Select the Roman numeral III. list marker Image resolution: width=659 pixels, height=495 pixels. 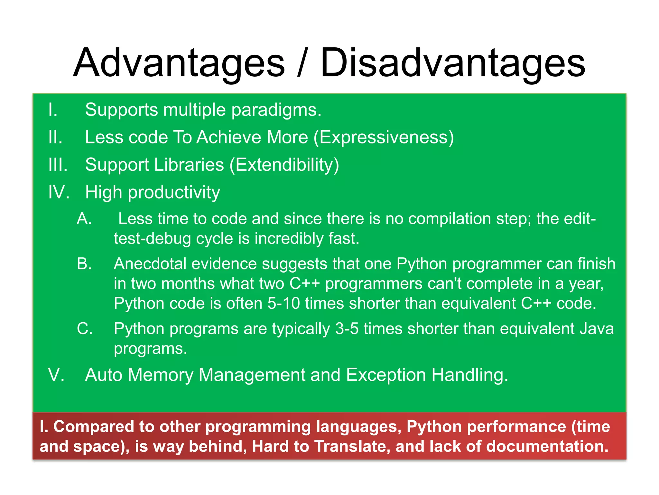58,165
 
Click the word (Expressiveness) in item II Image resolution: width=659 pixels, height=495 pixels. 384,138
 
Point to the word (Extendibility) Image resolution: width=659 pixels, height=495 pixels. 284,165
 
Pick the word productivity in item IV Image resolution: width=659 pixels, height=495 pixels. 174,193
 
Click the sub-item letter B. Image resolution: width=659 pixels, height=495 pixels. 84,264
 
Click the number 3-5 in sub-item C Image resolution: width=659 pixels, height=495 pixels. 347,329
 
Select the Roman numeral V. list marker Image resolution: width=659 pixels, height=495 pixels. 56,375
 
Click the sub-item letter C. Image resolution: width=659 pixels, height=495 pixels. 85,329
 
